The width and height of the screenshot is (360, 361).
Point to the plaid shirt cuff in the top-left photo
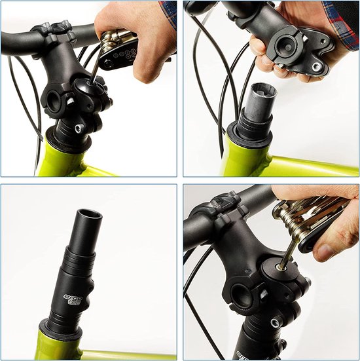[x=169, y=12]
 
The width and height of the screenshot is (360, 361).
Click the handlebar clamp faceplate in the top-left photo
[x=59, y=29]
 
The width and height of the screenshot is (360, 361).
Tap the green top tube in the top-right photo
[x=308, y=164]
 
